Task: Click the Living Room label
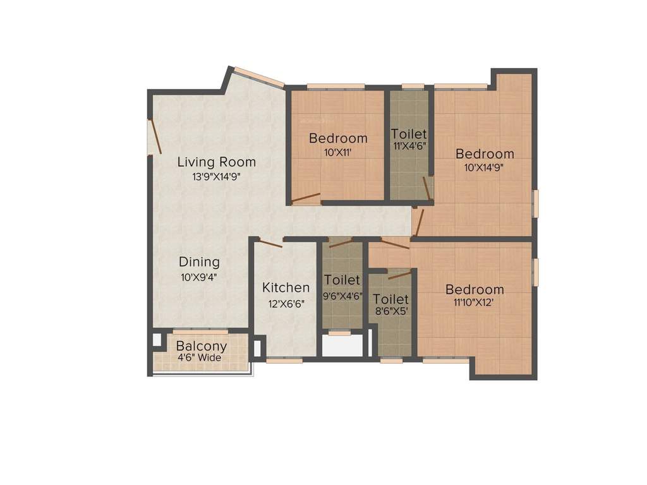(x=216, y=162)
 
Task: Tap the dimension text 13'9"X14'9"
(x=216, y=177)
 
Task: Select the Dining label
(x=199, y=261)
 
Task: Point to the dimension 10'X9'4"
(x=199, y=277)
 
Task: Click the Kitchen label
(x=286, y=288)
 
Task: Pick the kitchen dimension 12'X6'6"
(x=286, y=303)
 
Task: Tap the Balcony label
(x=201, y=346)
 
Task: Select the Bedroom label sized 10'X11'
(x=338, y=138)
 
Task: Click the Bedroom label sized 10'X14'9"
(x=485, y=153)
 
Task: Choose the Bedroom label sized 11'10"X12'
(x=475, y=289)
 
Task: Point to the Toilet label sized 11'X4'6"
(x=408, y=134)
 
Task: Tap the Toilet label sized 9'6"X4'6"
(x=342, y=279)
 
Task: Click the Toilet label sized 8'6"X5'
(x=390, y=299)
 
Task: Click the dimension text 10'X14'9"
(x=485, y=168)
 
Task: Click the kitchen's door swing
(x=270, y=244)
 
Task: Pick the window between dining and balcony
(x=200, y=331)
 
